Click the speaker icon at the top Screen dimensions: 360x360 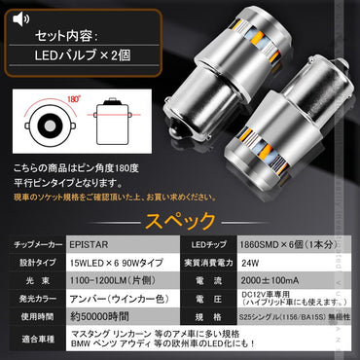[x=22, y=16]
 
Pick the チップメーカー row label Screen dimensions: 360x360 [x=37, y=241]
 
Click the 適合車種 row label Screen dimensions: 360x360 [x=37, y=342]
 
